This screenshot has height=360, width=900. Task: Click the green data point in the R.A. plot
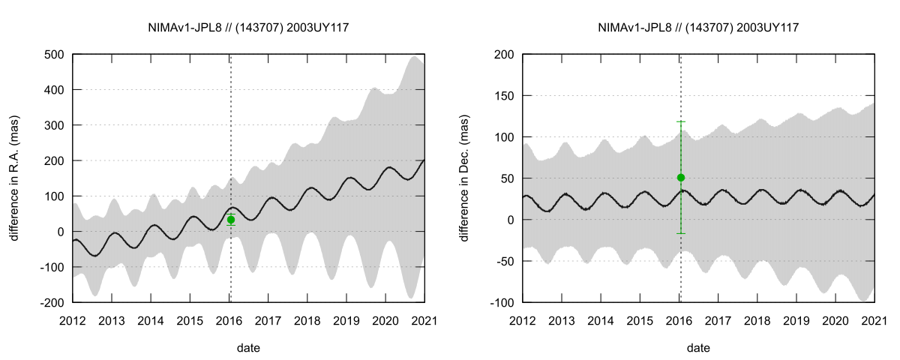coord(231,220)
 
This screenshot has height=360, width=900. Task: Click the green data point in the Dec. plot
coord(681,178)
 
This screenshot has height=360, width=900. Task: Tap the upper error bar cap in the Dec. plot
coord(681,121)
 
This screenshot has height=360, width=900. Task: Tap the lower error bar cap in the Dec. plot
coord(681,233)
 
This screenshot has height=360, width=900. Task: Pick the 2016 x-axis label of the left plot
coord(229,320)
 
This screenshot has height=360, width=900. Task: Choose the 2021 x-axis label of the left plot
coord(424,320)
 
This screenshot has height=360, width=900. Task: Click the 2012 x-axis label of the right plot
coord(523,320)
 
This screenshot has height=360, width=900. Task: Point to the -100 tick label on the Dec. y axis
coord(502,303)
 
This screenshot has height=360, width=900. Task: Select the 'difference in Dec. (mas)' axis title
coord(465,178)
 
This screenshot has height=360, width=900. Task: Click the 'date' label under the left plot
coord(249,348)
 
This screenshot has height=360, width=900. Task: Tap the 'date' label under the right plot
coord(699,348)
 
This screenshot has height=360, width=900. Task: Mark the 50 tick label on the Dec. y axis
coord(508,178)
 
